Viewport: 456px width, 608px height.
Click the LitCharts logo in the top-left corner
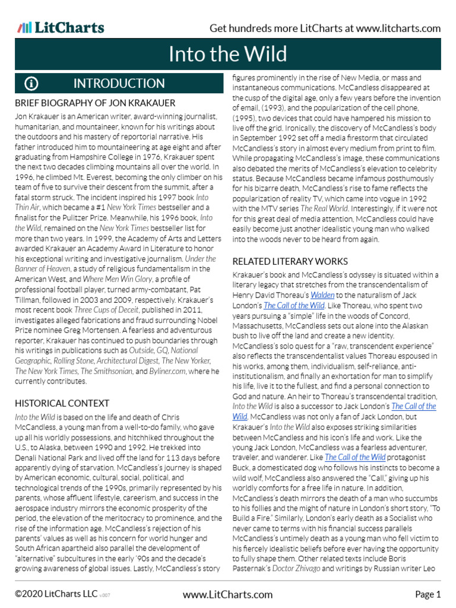pos(61,28)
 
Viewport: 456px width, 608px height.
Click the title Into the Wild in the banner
pos(227,54)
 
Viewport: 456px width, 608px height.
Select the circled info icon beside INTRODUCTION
pos(31,83)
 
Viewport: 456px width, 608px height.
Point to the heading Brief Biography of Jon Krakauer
pos(95,103)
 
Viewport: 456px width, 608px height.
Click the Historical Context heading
pos(62,403)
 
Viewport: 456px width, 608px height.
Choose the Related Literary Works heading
pos(290,261)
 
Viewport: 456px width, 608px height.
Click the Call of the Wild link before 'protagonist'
pos(355,457)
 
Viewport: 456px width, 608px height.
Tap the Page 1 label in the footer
pos(427,594)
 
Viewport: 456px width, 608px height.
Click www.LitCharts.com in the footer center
pos(227,594)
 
